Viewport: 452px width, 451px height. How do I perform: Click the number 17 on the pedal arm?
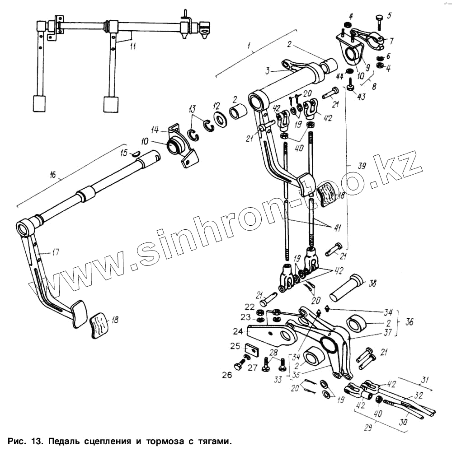[x=55, y=252]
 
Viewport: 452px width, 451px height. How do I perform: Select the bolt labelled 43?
[x=351, y=84]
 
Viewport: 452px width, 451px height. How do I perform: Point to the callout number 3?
[x=268, y=71]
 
